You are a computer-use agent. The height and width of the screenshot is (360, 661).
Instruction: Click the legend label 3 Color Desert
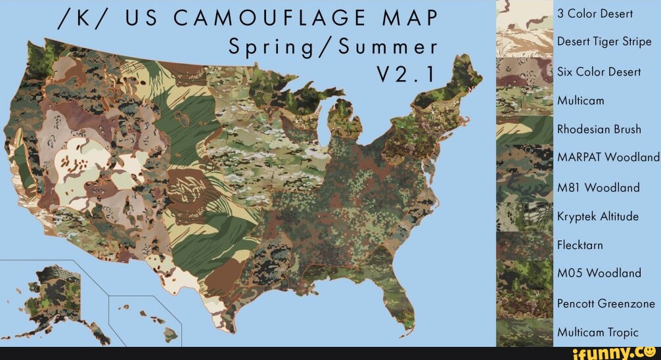595,14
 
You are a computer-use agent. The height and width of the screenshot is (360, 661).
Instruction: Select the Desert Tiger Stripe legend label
604,42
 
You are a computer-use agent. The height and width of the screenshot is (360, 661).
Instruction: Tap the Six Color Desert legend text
599,72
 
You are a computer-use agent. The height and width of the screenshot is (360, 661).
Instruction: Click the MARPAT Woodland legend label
608,158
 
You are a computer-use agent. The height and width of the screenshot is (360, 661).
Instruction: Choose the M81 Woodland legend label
598,187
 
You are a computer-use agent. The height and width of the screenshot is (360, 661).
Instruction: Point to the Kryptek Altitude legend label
597,216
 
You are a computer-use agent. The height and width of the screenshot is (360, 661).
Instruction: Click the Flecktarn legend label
580,245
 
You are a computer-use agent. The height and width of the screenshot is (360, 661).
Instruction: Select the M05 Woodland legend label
598,273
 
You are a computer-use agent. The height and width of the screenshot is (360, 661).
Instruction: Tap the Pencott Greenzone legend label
606,303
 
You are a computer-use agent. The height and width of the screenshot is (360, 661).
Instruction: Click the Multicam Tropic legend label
597,332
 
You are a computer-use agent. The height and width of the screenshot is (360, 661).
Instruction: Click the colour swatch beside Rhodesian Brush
524,129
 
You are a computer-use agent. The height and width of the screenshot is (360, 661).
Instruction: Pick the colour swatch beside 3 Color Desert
524,14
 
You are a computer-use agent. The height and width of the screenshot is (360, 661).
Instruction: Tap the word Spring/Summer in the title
332,47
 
